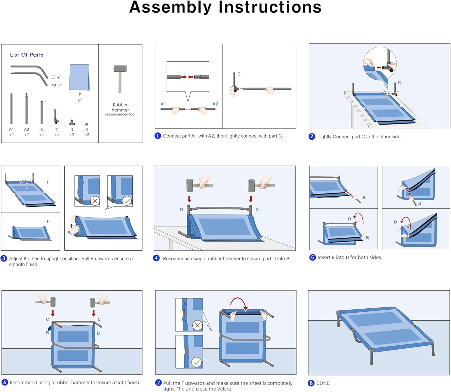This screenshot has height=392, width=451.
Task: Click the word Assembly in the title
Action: (170, 8)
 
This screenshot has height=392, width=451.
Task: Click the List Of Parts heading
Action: (26, 55)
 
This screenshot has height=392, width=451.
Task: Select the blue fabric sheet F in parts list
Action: (79, 77)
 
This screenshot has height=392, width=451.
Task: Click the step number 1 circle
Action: (158, 136)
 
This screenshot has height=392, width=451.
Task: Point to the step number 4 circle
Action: (156, 258)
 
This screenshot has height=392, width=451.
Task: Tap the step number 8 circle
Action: (311, 383)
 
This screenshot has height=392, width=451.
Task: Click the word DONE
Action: (323, 383)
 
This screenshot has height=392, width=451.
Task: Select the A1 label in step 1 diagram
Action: (163, 104)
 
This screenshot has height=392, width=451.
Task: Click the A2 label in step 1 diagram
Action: (215, 104)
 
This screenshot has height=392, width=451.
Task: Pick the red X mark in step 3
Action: (95, 201)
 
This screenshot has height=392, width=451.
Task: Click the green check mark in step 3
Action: (127, 201)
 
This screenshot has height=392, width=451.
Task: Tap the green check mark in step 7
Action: (197, 362)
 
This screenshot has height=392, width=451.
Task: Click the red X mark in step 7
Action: (197, 325)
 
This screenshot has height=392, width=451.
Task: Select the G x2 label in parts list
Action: (87, 132)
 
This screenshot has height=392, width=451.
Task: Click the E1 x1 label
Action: (57, 77)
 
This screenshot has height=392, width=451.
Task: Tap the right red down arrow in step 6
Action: (94, 313)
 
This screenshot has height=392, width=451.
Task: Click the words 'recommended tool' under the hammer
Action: (120, 114)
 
